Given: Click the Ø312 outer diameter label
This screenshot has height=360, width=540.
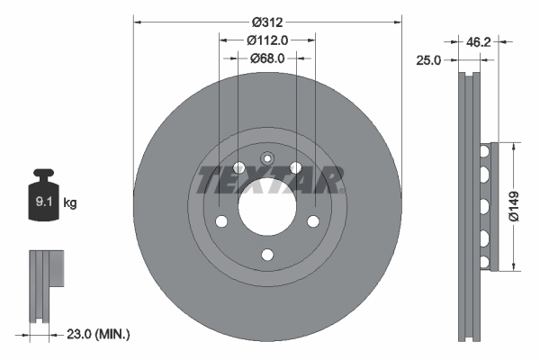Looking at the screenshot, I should (x=266, y=21).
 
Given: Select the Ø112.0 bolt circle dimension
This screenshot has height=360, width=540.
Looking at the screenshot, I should (x=266, y=39).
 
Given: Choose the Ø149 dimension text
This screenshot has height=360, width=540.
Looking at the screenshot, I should (x=514, y=204).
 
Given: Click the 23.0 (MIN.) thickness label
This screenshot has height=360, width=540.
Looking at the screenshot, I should (x=99, y=334).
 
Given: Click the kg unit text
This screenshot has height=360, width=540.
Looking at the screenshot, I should (x=70, y=203).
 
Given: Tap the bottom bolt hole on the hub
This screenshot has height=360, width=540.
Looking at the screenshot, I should (x=266, y=255).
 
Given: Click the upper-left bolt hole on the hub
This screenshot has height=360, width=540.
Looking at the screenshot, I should (x=238, y=168).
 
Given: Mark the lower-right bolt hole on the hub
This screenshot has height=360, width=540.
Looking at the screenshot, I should (x=312, y=221).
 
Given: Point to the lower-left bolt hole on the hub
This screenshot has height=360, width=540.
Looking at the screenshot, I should (x=220, y=221).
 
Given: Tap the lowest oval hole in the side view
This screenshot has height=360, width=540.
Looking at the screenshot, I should (x=484, y=262).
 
